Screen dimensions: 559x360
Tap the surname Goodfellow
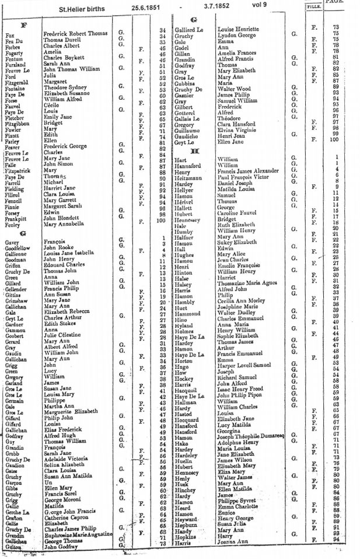tap(19, 247)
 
